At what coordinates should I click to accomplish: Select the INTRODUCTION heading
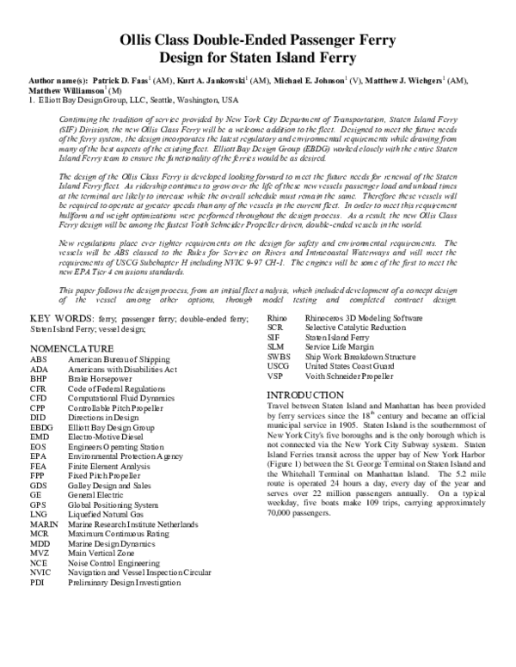(x=305, y=394)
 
